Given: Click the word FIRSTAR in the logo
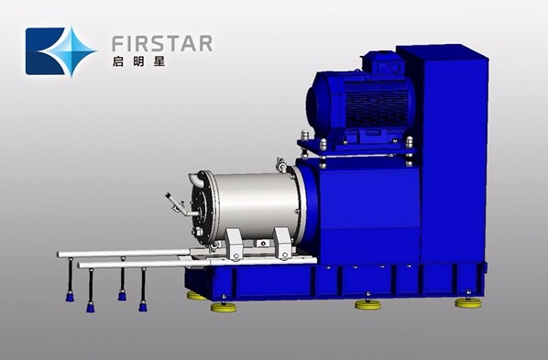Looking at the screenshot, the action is click(x=162, y=43).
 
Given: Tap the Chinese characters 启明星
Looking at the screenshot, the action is click(x=138, y=62).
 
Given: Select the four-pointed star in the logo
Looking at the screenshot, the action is click(x=68, y=51).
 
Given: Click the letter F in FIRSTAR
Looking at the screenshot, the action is click(x=117, y=43).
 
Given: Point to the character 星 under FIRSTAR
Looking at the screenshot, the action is click(x=159, y=62).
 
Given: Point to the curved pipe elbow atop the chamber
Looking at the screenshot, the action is click(x=196, y=179).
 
